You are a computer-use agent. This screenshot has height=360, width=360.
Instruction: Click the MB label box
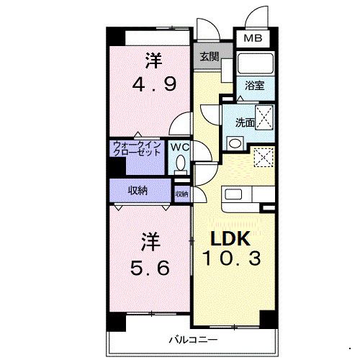pyautogui.click(x=253, y=38)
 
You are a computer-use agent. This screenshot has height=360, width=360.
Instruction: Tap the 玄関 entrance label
pyautogui.click(x=210, y=57)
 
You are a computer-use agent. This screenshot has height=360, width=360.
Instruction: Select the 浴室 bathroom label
pyautogui.click(x=255, y=86)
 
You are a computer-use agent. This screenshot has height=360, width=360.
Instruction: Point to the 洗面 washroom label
pyautogui.click(x=245, y=122)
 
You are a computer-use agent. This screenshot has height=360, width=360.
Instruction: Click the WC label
pyautogui.click(x=179, y=147)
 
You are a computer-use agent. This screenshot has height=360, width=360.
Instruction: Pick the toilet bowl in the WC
pyautogui.click(x=181, y=163)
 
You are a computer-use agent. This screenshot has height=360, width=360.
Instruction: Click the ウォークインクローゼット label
pyautogui.click(x=137, y=149)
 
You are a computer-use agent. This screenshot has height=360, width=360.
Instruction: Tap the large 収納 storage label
pyautogui.click(x=138, y=191)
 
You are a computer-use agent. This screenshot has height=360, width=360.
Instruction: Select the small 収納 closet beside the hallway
pyautogui.click(x=182, y=194)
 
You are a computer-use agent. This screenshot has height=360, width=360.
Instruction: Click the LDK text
pyautogui.click(x=230, y=238)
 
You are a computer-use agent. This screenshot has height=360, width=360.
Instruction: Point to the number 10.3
pyautogui.click(x=232, y=258)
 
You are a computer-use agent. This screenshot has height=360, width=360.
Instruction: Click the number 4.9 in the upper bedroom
pyautogui.click(x=155, y=84)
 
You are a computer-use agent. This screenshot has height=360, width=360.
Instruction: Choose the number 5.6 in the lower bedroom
pyautogui.click(x=150, y=268)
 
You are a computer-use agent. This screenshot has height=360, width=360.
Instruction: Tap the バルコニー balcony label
pyautogui.click(x=193, y=340)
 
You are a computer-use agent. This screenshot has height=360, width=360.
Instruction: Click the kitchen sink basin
pyautogui.click(x=233, y=194)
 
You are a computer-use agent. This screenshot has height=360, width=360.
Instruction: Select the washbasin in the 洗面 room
pyautogui.click(x=235, y=143)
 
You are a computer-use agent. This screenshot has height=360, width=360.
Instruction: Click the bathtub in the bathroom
pyautogui.click(x=255, y=63)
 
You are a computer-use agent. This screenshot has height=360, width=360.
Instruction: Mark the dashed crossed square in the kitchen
pyautogui.click(x=264, y=158)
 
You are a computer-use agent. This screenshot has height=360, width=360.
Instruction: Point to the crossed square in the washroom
pyautogui.click(x=264, y=117)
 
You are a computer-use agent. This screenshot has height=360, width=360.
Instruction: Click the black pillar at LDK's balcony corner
pyautogui.click(x=268, y=319)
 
